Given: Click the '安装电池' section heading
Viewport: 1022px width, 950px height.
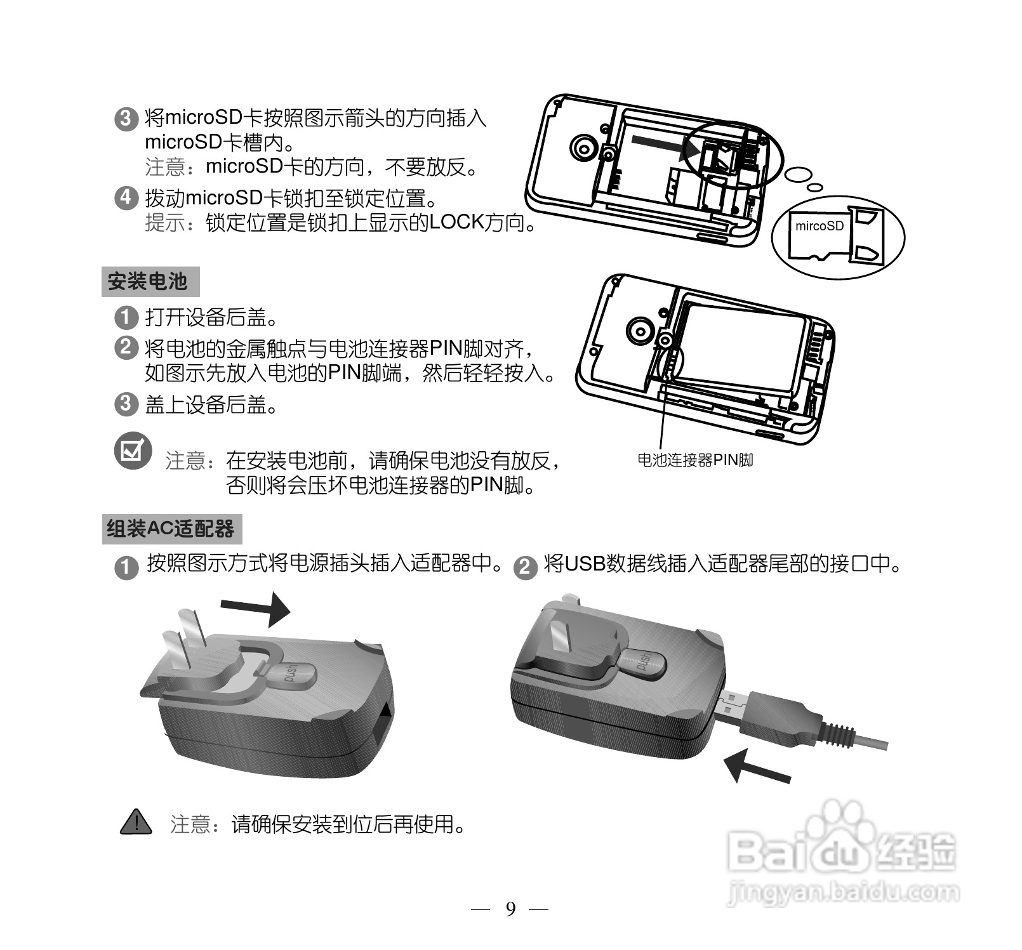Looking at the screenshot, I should coord(149,282).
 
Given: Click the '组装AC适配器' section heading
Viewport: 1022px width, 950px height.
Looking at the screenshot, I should coord(171,529).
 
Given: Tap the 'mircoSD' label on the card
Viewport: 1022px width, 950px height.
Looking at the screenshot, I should coord(819,226).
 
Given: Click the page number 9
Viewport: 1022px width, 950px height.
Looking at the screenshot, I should coord(510,909).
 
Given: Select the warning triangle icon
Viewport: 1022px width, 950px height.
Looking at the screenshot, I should coord(135,822).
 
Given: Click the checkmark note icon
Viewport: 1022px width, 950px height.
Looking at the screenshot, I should coord(133,451).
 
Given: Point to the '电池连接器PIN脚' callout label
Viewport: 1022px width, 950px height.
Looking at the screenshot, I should coord(694,460).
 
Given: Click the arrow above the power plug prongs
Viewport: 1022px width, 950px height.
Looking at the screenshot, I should coord(256,609).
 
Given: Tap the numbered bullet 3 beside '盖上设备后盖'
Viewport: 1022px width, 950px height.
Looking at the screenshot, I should coord(126,404).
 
